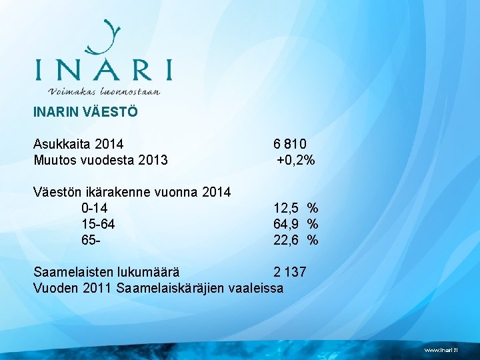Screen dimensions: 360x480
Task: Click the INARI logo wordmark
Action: tap(103, 69)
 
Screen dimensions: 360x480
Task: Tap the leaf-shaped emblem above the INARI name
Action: tap(105, 37)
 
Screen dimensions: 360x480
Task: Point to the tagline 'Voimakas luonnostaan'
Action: tap(104, 91)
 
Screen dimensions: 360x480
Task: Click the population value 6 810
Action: tap(290, 143)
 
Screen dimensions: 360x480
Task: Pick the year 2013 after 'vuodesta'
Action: tap(152, 160)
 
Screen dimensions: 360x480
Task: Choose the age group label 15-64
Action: tap(97, 224)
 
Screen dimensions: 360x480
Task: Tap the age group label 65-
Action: tap(91, 240)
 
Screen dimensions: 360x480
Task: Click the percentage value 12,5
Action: tap(286, 208)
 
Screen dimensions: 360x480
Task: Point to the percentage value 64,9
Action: tap(286, 224)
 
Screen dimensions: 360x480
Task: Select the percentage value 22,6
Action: tap(286, 240)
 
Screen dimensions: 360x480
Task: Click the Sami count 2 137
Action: tap(290, 272)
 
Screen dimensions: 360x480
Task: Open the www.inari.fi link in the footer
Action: tap(442, 349)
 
